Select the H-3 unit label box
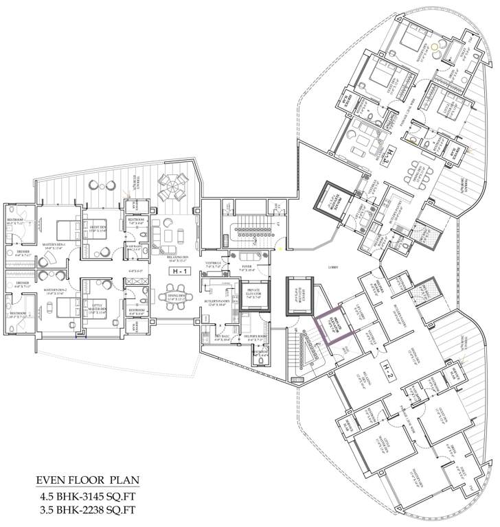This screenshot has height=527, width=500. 389,152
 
